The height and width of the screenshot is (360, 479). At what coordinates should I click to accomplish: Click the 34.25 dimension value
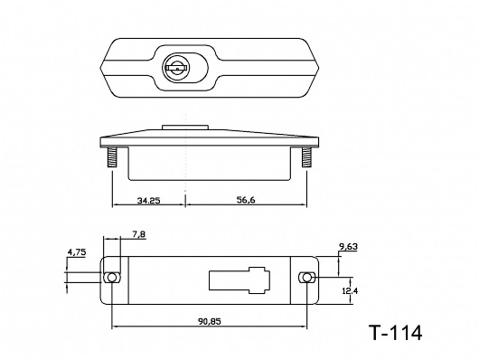(149, 201)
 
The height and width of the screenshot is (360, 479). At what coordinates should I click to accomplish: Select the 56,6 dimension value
(246, 200)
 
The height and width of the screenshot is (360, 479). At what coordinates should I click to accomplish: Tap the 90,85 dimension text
(210, 321)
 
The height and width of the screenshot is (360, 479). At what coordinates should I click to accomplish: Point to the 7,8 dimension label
(139, 234)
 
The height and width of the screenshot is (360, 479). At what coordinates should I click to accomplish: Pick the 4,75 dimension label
(77, 252)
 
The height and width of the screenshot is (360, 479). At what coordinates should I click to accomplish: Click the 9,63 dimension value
(348, 246)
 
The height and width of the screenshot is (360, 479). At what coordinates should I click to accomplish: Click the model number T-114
(396, 333)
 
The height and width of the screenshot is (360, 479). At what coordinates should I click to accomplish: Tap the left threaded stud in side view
(112, 157)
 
